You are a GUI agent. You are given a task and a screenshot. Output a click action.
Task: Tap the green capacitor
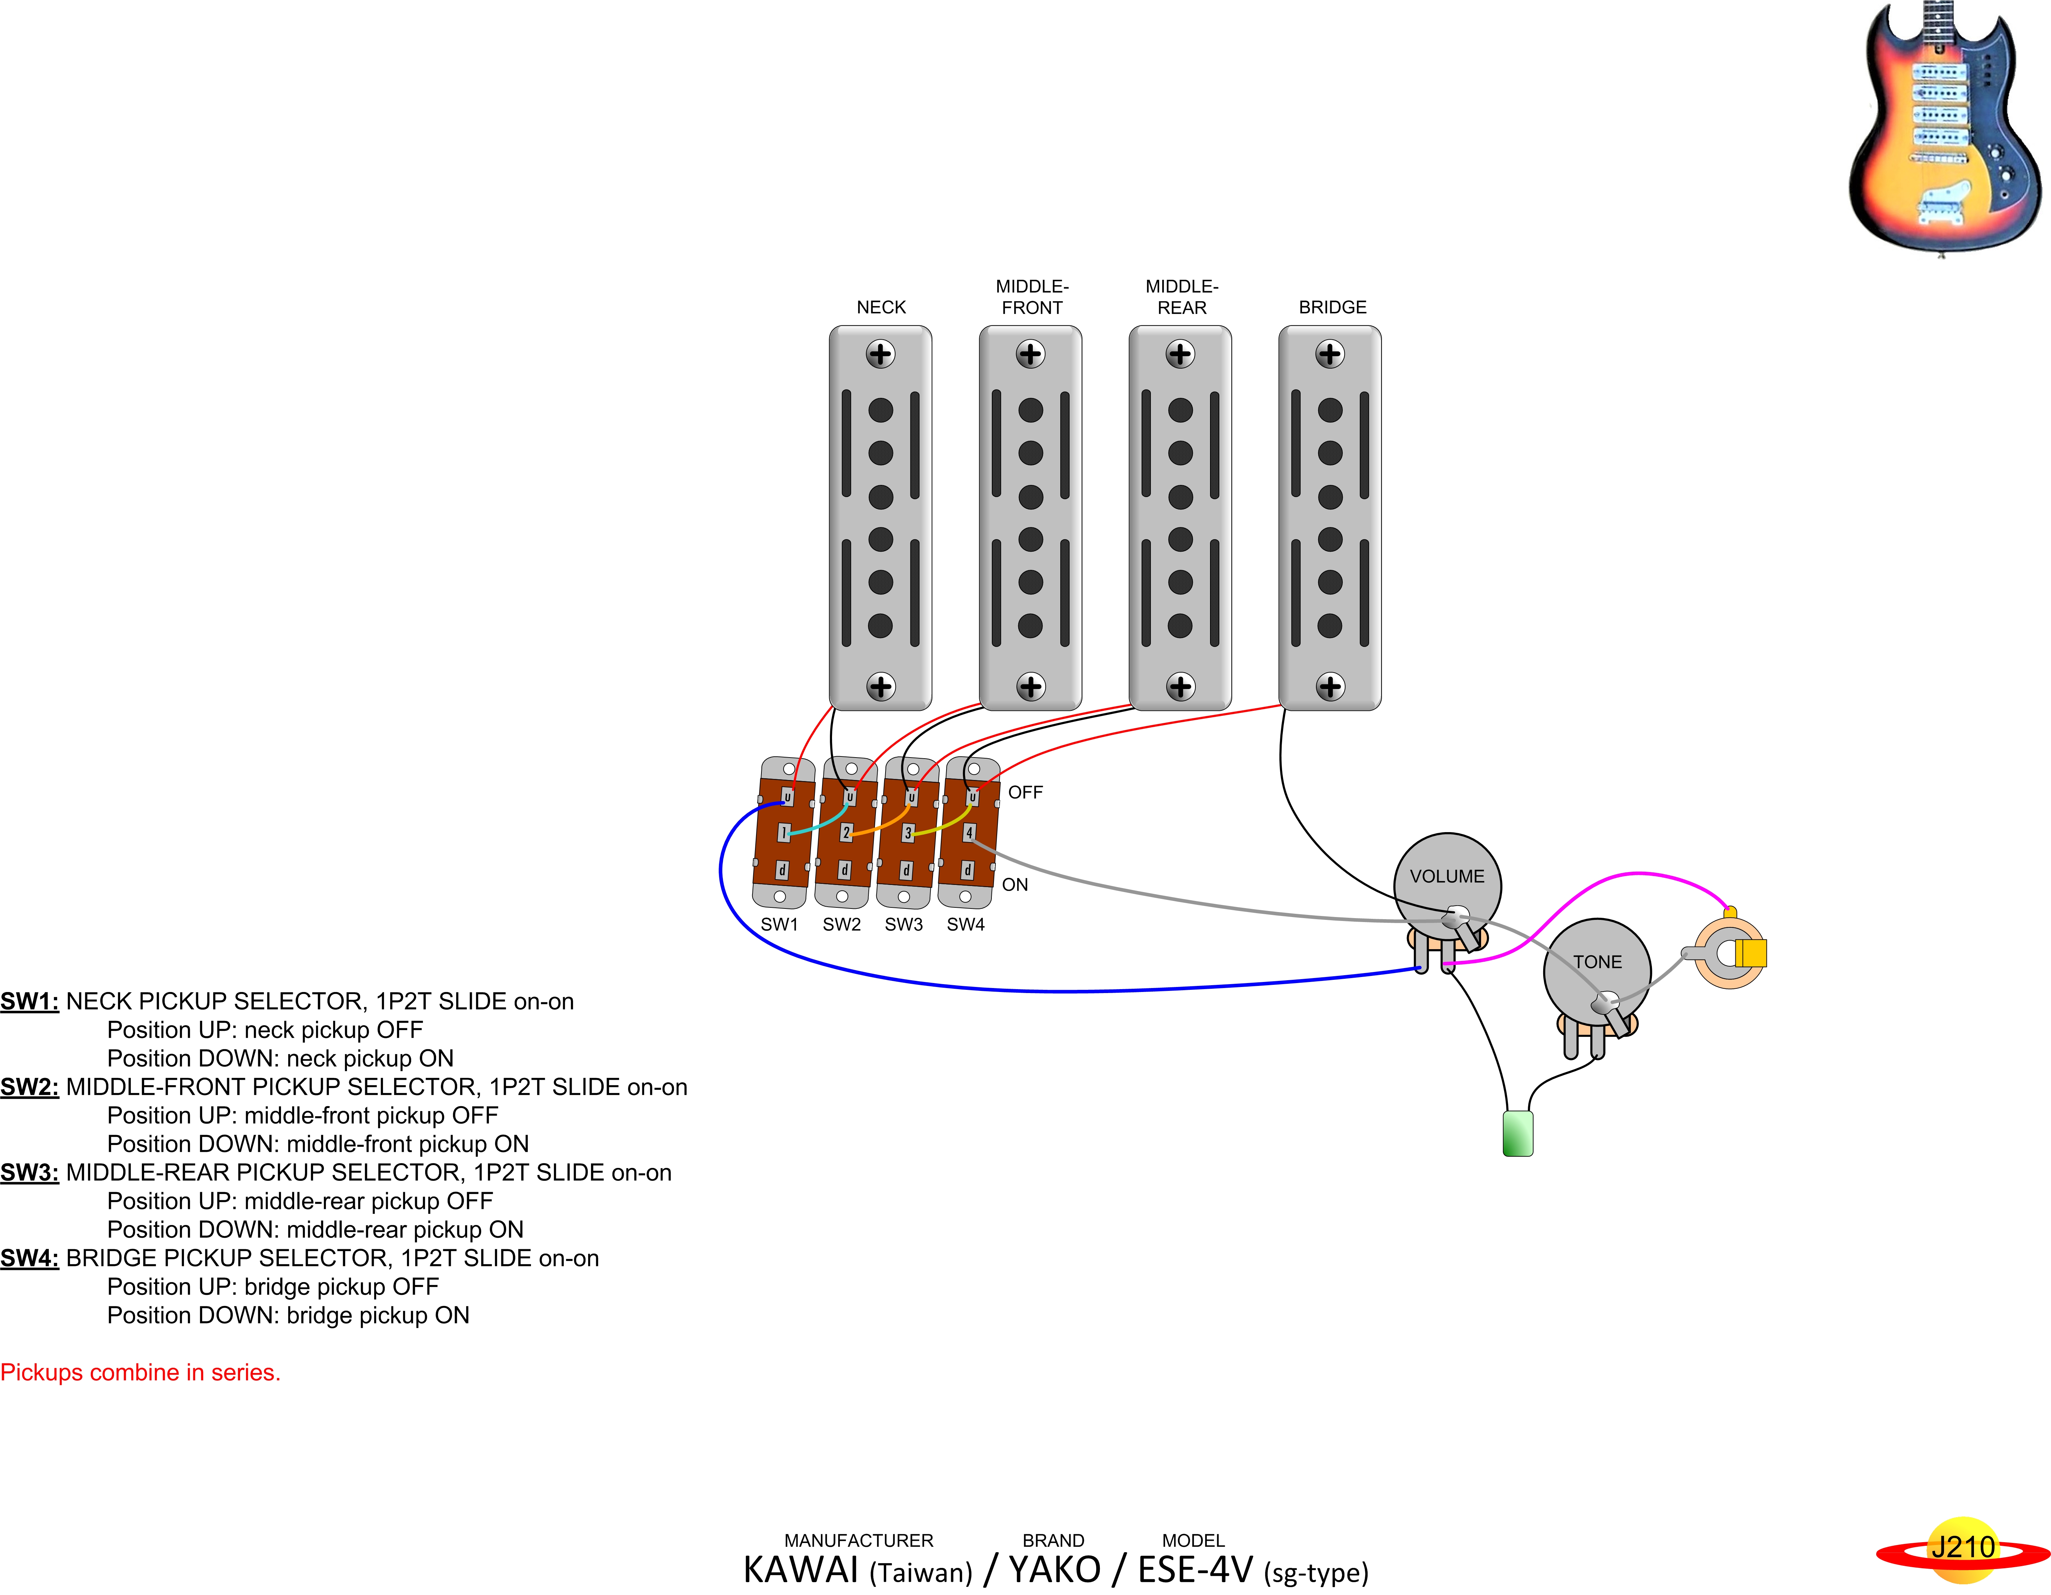1517,1133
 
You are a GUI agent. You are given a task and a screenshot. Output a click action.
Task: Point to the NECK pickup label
881,307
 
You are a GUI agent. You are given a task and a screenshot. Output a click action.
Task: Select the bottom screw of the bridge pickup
1330,687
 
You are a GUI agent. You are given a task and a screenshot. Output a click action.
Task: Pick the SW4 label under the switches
965,924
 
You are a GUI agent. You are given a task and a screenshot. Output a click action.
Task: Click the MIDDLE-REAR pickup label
1182,297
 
